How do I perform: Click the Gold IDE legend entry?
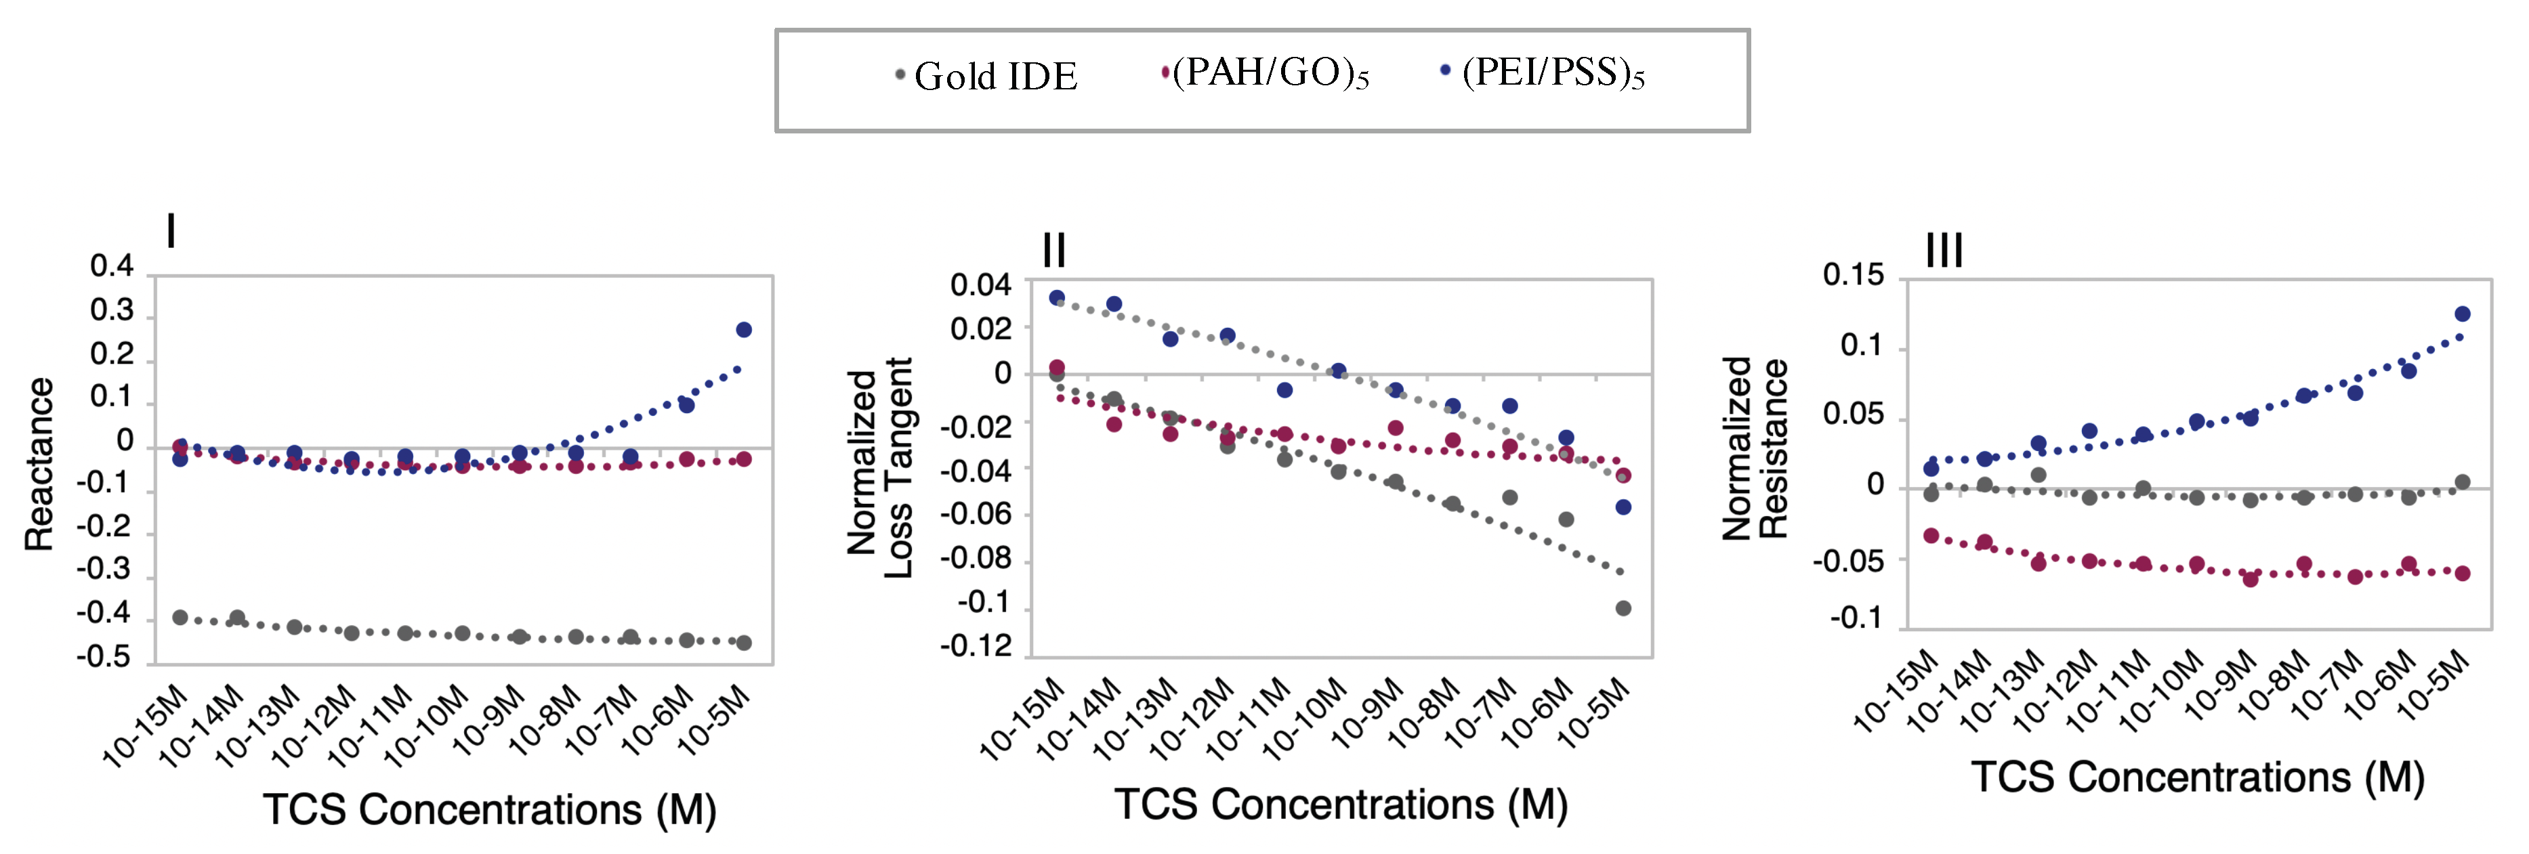[986, 76]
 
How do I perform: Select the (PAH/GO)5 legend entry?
[1266, 72]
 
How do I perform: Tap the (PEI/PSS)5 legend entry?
[1543, 72]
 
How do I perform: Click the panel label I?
[172, 232]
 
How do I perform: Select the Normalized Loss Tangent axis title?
[879, 468]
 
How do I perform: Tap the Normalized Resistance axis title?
[1755, 448]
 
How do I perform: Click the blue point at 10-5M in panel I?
[744, 330]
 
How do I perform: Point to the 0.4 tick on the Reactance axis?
[111, 266]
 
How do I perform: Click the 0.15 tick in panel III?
[1853, 275]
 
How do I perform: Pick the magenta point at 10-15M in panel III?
[1931, 536]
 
